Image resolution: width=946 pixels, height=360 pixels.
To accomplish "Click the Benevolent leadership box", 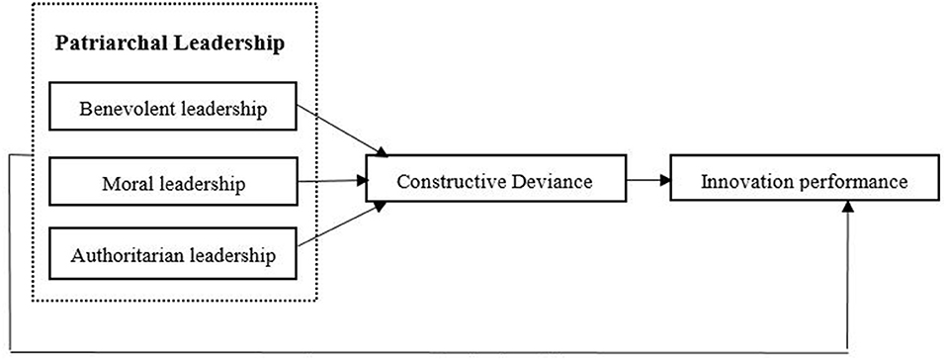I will point(172,109).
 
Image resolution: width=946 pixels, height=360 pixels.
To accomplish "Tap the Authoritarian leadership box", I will point(172,255).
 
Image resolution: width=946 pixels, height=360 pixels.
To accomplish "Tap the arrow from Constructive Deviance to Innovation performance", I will point(647,181).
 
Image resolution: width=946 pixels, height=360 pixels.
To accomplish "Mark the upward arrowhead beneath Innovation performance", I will point(847,209).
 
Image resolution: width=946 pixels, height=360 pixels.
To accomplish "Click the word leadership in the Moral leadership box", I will point(198,183).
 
